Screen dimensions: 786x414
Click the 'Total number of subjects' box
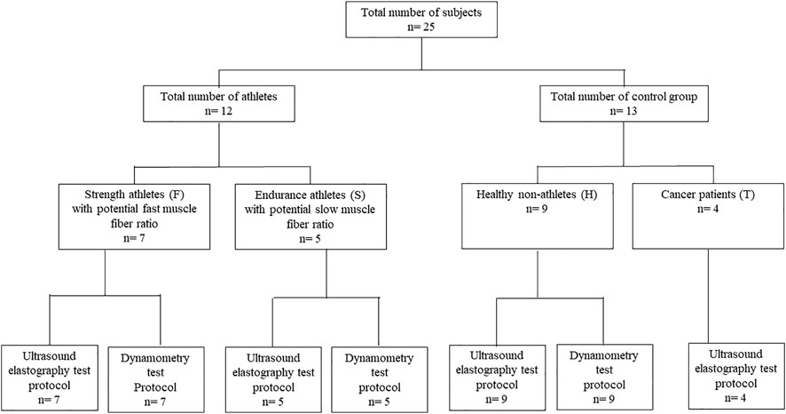click(421, 20)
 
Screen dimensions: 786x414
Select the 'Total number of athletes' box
click(218, 103)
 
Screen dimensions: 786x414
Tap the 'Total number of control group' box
click(624, 103)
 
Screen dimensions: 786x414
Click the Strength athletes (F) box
click(134, 216)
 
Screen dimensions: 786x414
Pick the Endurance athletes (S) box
click(310, 216)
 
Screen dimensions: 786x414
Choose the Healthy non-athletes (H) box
click(537, 216)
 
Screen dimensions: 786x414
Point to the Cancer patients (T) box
click(708, 216)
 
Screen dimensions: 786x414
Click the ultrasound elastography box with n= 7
click(49, 378)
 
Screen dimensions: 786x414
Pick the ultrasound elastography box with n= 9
click(497, 378)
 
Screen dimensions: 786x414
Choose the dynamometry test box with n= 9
click(604, 378)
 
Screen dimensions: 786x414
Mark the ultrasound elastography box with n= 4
click(735, 377)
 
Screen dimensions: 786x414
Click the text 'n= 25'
click(421, 28)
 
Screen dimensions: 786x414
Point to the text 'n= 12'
click(218, 111)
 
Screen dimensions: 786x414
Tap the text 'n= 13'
click(624, 111)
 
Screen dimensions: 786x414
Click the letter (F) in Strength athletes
click(177, 195)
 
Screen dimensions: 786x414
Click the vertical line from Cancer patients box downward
click(708, 296)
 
